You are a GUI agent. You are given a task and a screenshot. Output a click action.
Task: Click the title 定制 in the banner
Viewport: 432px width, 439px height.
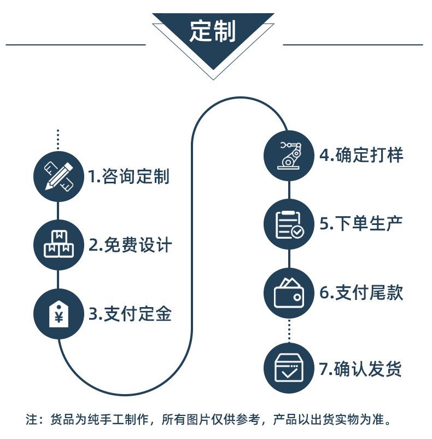pos(213,32)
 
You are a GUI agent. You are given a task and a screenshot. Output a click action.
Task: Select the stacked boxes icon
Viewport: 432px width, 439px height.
pos(59,245)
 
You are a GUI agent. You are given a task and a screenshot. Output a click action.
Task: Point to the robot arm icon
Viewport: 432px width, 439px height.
pos(289,155)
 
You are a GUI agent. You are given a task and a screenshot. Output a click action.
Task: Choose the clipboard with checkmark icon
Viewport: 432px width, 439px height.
pos(289,224)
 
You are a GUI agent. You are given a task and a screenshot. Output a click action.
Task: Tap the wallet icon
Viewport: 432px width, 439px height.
pos(289,293)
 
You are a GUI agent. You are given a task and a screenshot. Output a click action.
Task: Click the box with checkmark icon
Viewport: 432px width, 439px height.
pos(289,368)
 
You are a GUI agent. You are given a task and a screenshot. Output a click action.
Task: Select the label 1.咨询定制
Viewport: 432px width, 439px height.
pos(129,177)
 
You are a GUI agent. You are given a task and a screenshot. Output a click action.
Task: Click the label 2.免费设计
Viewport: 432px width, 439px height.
pos(130,245)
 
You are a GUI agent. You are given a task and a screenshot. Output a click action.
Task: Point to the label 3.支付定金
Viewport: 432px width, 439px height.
pos(130,314)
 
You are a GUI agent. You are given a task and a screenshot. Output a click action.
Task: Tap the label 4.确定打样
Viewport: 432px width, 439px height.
pos(361,155)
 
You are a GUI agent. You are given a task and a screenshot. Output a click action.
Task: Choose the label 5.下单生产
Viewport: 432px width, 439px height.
pos(361,224)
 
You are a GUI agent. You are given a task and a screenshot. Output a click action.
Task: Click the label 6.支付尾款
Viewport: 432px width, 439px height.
pos(361,293)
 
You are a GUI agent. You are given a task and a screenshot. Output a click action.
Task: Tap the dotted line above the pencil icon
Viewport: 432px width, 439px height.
pos(58,140)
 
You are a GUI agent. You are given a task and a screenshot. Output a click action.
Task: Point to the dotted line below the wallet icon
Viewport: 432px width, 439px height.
pos(289,330)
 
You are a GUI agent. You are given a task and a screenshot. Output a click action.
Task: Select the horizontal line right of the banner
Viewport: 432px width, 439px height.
pos(353,44)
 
